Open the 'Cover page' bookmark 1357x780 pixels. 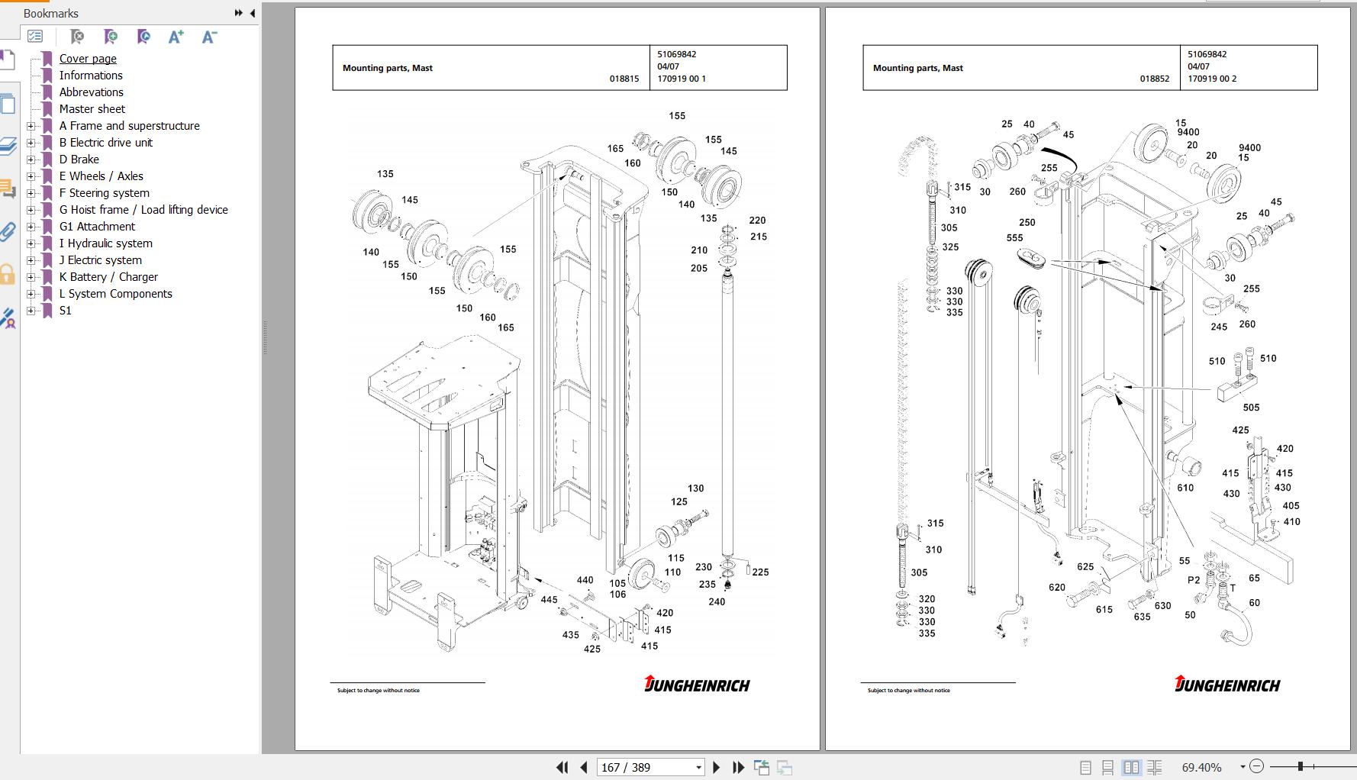(x=88, y=59)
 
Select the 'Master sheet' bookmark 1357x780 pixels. (x=92, y=109)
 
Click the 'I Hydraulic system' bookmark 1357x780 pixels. (x=105, y=243)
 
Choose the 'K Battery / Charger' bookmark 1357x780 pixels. (x=108, y=277)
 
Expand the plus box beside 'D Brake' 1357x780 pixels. (x=31, y=160)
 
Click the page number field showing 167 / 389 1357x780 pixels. (x=649, y=767)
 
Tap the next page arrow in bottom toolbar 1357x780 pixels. (x=716, y=767)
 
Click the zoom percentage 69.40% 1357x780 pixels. (x=1201, y=767)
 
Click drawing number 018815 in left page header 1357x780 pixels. (x=624, y=79)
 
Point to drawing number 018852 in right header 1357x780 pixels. (x=1154, y=79)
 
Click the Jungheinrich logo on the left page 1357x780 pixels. (x=697, y=684)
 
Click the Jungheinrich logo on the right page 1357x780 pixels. (x=1227, y=684)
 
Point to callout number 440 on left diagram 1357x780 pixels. (x=585, y=580)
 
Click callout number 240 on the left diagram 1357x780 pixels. (x=717, y=601)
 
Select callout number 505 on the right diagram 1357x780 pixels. (x=1251, y=408)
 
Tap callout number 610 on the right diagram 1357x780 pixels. (x=1185, y=488)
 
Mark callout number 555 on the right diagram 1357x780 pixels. (x=1014, y=238)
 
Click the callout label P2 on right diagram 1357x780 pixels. (x=1194, y=580)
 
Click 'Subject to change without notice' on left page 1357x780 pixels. (x=379, y=691)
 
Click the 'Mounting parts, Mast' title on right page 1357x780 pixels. (x=917, y=68)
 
